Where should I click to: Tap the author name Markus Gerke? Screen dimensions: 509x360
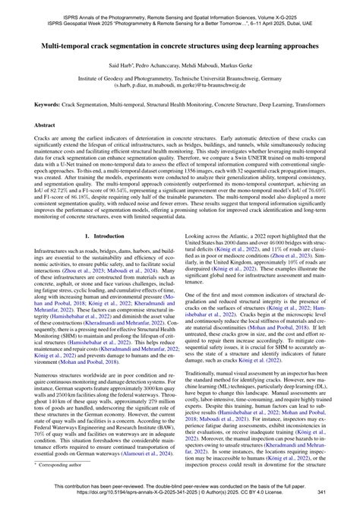240,67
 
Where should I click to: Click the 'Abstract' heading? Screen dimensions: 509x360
43,124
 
